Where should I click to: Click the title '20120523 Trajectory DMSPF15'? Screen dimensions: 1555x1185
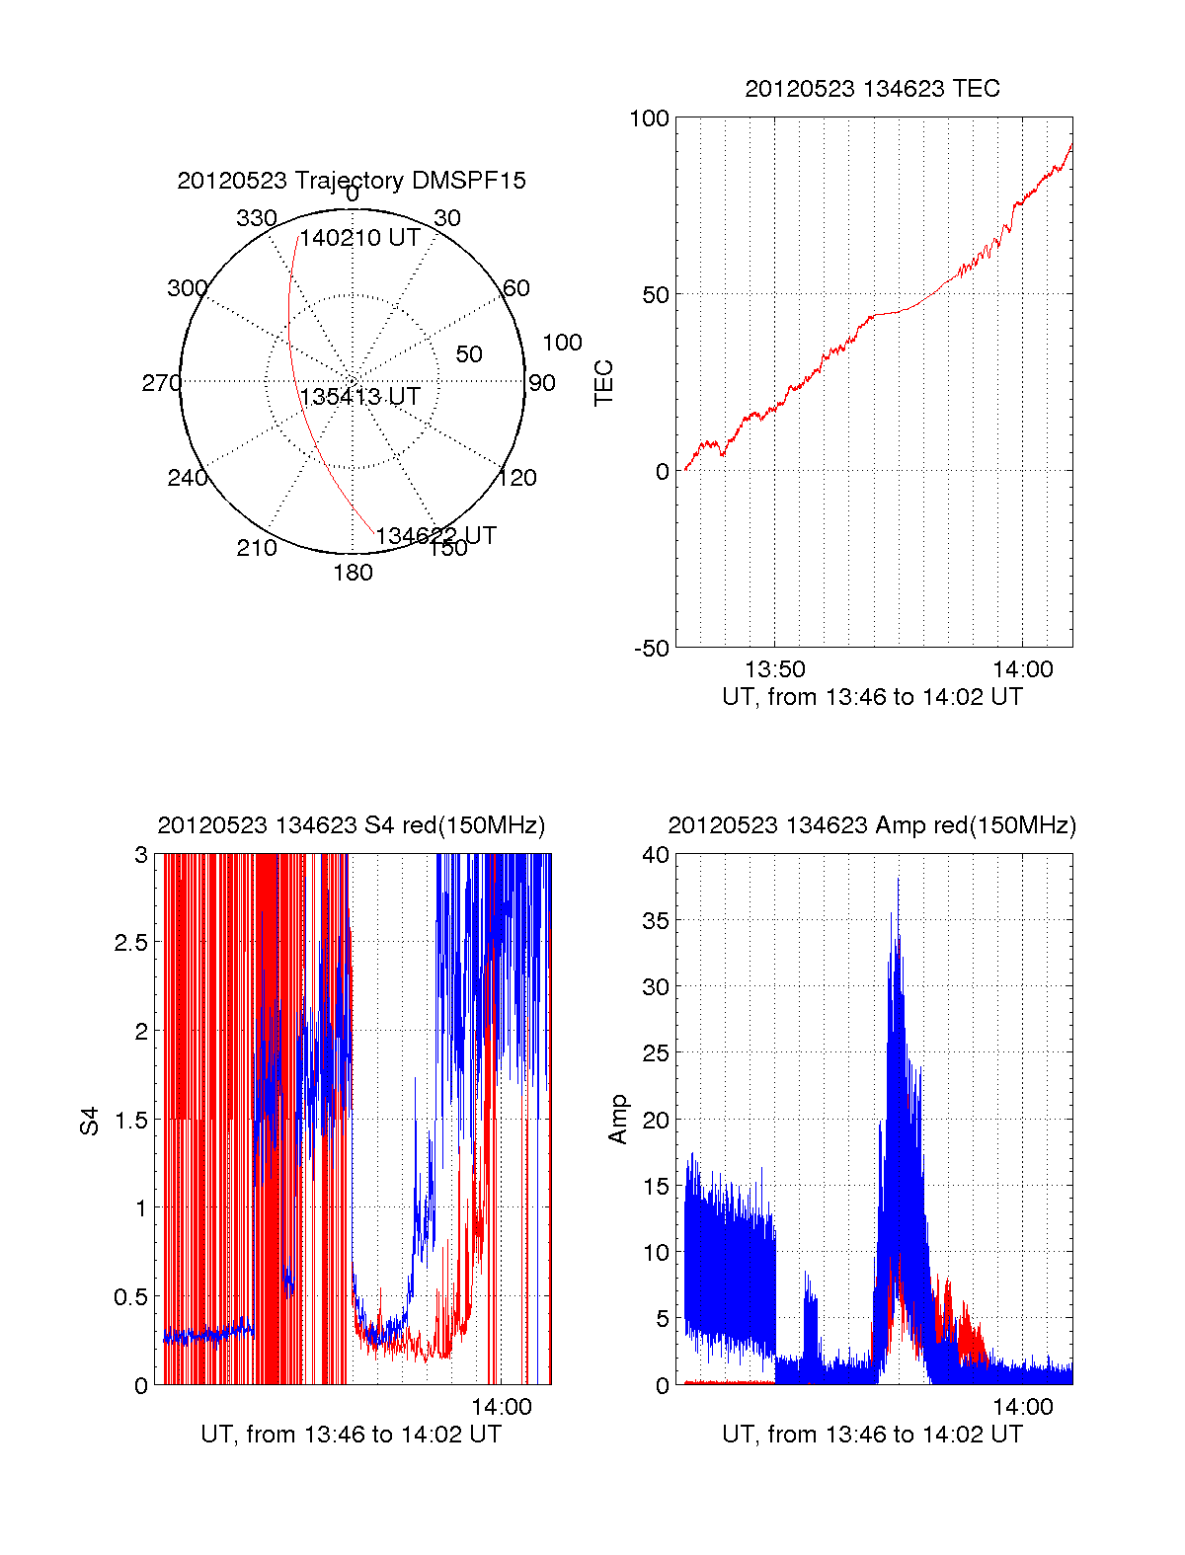352,181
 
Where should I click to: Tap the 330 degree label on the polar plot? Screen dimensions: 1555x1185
257,218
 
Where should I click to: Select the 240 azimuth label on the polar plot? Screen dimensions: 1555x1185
187,478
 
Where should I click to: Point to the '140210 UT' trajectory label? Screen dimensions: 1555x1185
360,238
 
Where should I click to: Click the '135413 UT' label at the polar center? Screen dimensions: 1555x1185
360,397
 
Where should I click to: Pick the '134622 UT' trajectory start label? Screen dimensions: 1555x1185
435,536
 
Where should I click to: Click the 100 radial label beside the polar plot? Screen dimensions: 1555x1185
562,343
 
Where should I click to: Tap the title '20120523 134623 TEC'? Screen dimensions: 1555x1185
872,89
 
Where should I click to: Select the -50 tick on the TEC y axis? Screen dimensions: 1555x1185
651,649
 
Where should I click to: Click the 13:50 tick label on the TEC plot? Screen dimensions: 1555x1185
774,670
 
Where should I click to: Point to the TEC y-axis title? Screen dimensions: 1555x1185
603,383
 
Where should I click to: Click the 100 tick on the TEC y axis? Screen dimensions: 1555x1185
649,118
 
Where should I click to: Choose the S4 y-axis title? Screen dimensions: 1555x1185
90,1121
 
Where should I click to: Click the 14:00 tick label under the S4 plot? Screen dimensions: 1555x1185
502,1407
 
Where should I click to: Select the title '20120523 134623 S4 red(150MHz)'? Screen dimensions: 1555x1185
352,825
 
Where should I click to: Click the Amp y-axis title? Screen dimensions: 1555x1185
618,1120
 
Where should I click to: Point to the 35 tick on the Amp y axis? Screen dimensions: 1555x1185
655,921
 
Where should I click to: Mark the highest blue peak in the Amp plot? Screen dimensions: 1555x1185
898,879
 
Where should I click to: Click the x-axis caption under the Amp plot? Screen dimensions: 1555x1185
872,1435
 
